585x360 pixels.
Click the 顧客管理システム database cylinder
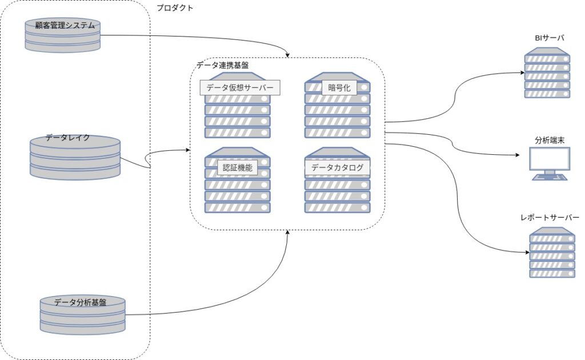tap(63, 35)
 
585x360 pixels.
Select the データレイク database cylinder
tap(75, 158)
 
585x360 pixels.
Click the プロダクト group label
tap(175, 8)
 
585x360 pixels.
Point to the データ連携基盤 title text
tap(223, 65)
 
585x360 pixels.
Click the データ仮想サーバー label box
tap(240, 87)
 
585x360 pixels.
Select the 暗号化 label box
tap(339, 87)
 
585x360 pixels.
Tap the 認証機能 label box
tap(237, 167)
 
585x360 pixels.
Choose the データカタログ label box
tap(337, 167)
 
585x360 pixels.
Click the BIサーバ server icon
tap(547, 73)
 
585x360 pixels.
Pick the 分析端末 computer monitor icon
tap(550, 164)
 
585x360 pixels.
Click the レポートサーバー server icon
tap(552, 253)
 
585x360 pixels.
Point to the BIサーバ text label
tap(549, 38)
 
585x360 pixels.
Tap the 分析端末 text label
tap(550, 140)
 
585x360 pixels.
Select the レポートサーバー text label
tap(550, 218)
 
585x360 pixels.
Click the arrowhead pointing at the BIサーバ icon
tap(523, 73)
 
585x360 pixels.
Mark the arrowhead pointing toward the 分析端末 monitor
tap(518, 155)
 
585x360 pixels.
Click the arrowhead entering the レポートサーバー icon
tap(527, 253)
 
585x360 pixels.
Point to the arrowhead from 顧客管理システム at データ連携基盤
tap(287, 55)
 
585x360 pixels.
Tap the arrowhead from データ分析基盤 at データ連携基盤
tap(287, 232)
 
